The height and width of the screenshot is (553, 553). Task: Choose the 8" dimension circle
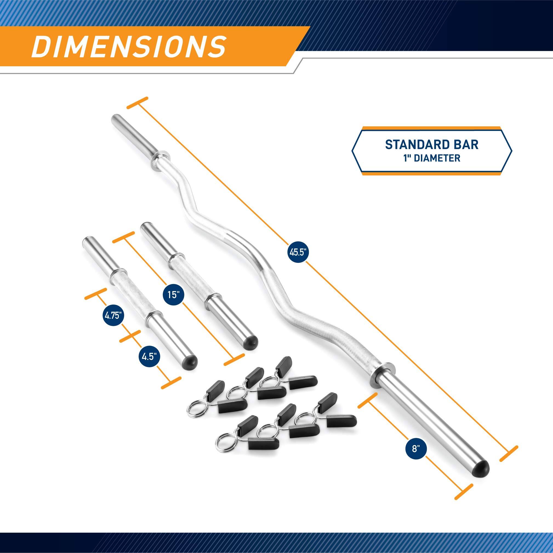pyautogui.click(x=414, y=449)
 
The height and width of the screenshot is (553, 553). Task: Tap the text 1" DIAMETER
pyautogui.click(x=432, y=158)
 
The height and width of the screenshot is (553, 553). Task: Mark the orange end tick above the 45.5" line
pyautogui.click(x=138, y=103)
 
